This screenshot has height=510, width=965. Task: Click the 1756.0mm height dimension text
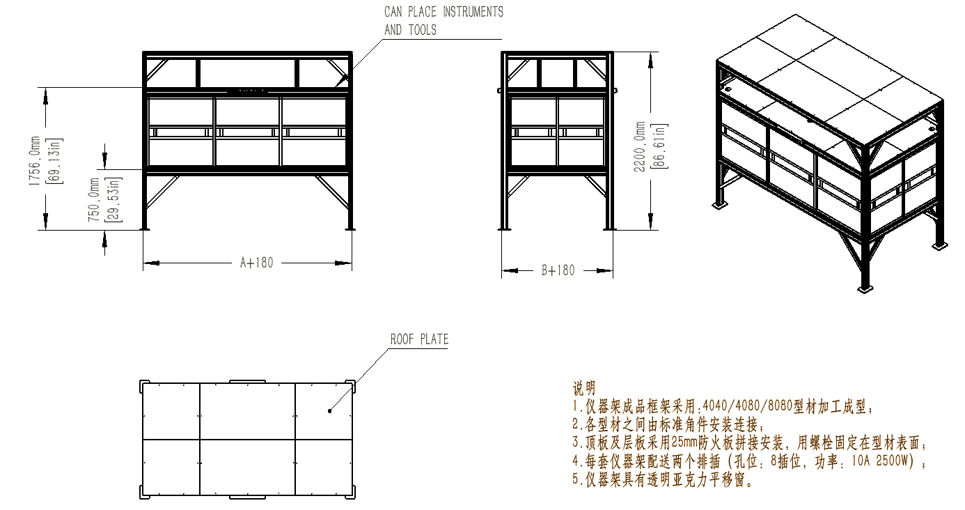(x=35, y=161)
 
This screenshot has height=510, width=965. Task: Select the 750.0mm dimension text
(x=94, y=199)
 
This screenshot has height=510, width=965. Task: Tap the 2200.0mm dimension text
(x=639, y=146)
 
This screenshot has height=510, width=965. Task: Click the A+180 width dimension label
(x=257, y=263)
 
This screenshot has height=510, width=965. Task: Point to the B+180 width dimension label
(x=558, y=270)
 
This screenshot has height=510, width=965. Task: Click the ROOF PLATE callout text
(x=419, y=339)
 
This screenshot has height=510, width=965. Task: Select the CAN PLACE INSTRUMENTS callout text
(x=444, y=12)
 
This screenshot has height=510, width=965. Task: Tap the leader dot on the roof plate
(x=329, y=411)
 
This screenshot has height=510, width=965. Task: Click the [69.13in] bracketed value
(x=57, y=161)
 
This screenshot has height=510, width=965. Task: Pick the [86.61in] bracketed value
(x=661, y=146)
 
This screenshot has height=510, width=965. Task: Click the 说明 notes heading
(x=583, y=387)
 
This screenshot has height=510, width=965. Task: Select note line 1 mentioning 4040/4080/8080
(x=723, y=406)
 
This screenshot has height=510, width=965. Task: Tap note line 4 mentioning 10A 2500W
(x=748, y=461)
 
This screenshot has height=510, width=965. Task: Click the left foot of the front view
(x=145, y=228)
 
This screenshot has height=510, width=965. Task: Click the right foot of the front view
(x=350, y=228)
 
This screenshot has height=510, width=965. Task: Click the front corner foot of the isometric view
(x=864, y=289)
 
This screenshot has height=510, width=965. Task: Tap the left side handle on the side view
(x=499, y=91)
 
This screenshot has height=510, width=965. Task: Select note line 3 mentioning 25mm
(x=750, y=442)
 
